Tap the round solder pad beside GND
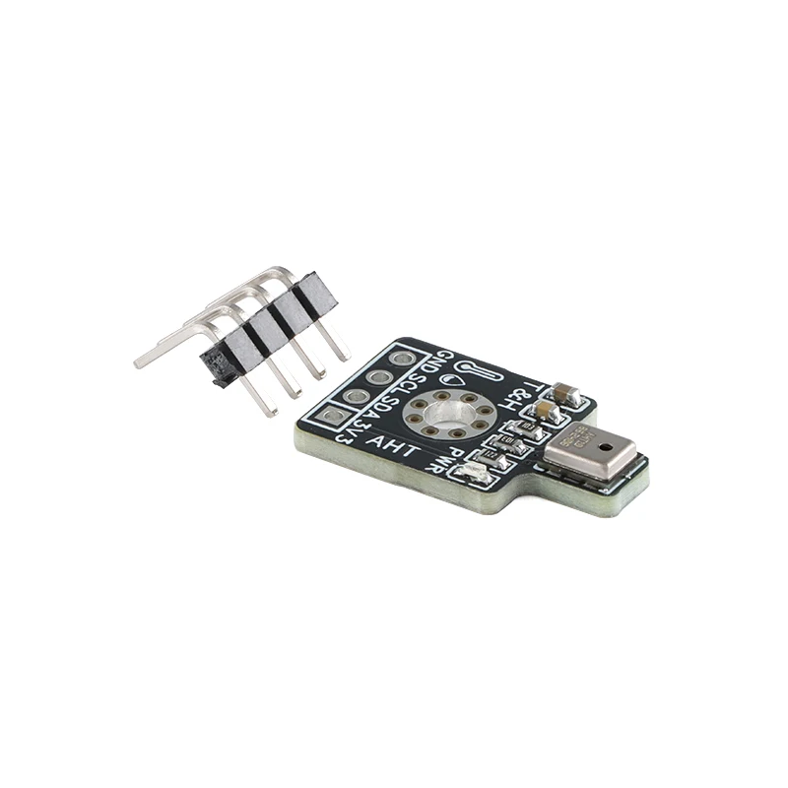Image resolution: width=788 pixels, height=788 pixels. [401, 358]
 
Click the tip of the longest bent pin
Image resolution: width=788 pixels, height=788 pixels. [139, 363]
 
